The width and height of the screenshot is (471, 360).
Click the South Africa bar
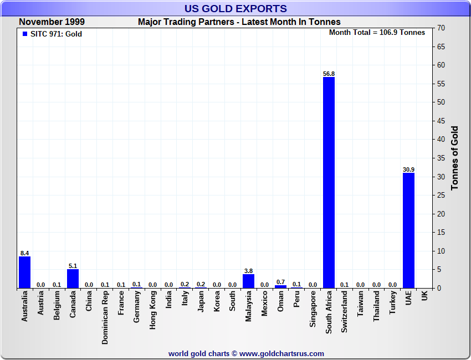(329, 183)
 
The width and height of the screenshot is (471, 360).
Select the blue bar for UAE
(408, 230)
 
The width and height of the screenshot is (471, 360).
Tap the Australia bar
(24, 272)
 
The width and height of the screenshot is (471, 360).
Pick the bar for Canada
(73, 279)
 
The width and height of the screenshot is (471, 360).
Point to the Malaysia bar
(248, 281)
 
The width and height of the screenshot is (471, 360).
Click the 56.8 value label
(329, 73)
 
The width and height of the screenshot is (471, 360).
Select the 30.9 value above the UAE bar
(408, 169)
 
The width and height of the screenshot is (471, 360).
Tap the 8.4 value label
(24, 253)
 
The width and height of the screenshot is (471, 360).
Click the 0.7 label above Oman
(280, 282)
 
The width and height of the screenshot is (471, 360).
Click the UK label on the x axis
(424, 296)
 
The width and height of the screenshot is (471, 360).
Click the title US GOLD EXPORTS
(235, 8)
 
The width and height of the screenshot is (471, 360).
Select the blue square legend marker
(24, 34)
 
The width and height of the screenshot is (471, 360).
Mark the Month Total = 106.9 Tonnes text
(377, 33)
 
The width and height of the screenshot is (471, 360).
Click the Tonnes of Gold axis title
(455, 158)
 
